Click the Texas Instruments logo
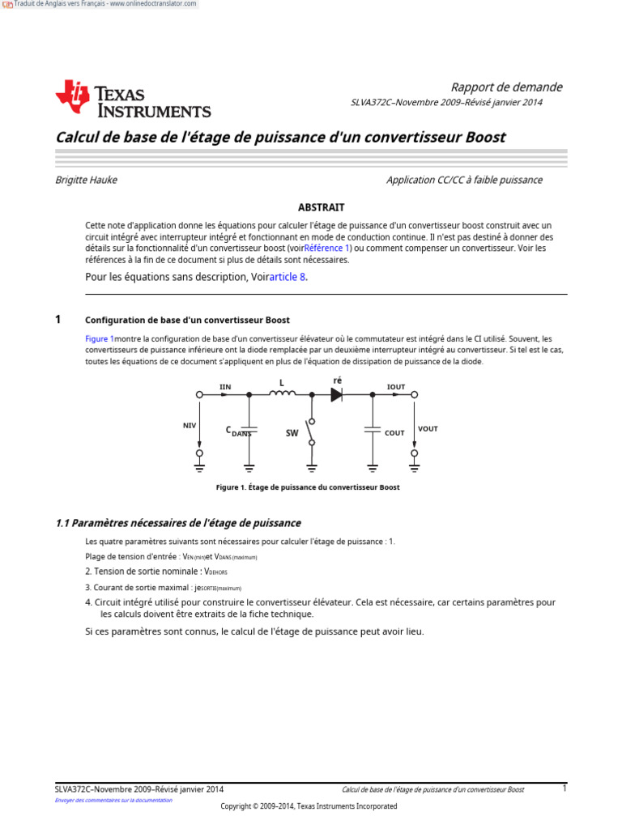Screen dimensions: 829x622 coord(133,100)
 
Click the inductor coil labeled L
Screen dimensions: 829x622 coord(282,394)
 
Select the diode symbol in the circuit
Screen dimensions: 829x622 coord(337,394)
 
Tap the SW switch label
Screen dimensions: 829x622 coord(292,433)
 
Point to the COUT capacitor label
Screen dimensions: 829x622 coord(394,433)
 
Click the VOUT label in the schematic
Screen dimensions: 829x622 coord(428,428)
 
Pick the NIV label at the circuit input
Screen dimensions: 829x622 coord(190,424)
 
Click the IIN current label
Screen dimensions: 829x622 coord(225,387)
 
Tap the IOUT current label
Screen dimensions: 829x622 coord(396,387)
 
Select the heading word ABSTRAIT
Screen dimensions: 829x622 coord(322,207)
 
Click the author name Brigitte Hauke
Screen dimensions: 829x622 coord(86,180)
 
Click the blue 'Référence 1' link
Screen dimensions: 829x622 coord(327,249)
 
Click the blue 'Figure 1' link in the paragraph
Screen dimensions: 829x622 coord(100,338)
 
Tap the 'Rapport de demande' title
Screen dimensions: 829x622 coord(506,87)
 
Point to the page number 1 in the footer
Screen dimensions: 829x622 coord(564,788)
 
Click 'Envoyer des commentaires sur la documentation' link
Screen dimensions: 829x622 coord(113,800)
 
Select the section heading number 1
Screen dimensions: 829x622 coord(58,320)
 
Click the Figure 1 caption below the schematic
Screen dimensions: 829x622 coord(308,487)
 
